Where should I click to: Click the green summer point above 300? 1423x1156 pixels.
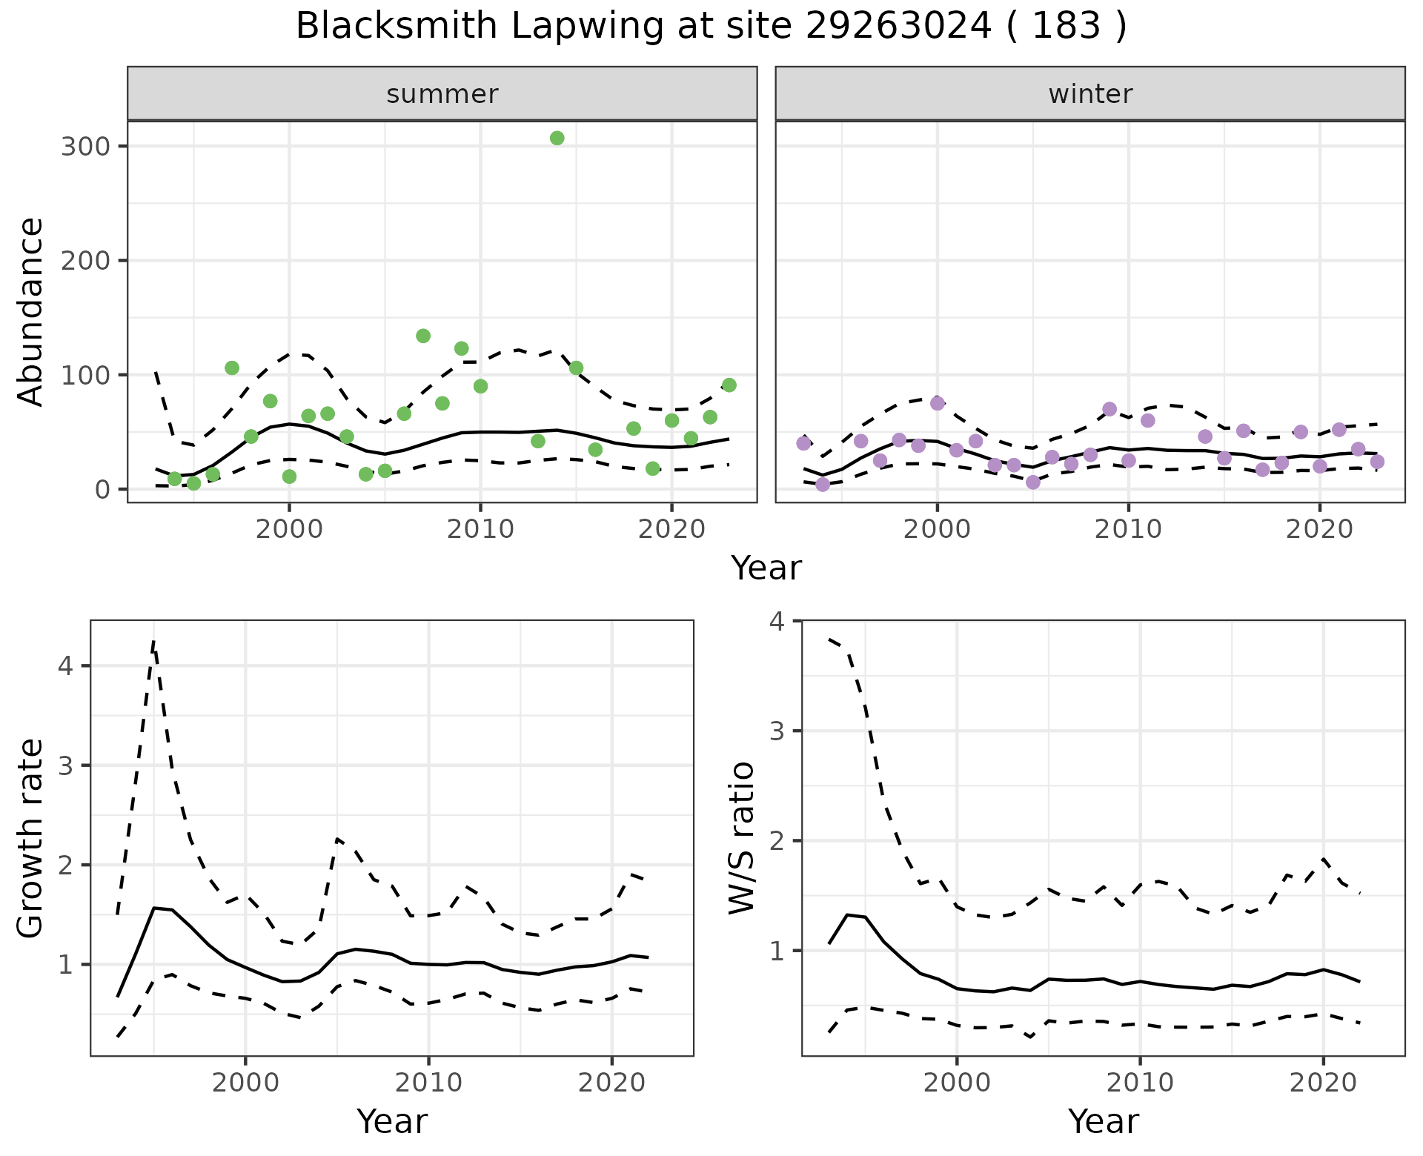pos(557,138)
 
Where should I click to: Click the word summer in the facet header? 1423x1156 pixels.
pos(442,94)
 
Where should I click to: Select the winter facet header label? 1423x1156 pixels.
pos(1090,94)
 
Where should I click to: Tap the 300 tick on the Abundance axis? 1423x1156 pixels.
pos(85,146)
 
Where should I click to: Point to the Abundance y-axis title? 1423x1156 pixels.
pos(31,312)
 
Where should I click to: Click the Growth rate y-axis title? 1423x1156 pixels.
pos(31,838)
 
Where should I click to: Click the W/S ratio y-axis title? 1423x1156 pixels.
pos(742,838)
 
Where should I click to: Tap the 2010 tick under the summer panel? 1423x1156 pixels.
pos(480,529)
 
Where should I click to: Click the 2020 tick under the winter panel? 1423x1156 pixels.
pos(1319,529)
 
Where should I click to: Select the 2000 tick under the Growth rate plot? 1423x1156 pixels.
pos(245,1083)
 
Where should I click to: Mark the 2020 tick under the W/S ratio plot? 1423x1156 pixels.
pos(1324,1083)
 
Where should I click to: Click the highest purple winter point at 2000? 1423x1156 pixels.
pos(938,403)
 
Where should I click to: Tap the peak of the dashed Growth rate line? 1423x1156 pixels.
pos(153,642)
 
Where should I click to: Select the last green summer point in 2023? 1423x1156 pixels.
pos(729,385)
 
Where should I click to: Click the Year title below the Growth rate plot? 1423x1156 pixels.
pos(392,1121)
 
